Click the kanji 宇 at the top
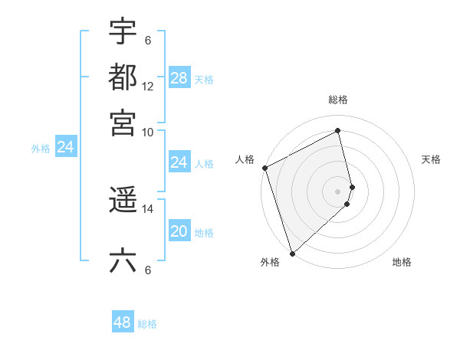(123, 31)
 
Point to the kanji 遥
(123, 200)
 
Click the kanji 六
(123, 260)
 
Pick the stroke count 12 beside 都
(148, 87)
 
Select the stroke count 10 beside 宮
(148, 132)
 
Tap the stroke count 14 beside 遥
(148, 208)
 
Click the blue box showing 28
(179, 78)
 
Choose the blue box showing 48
(123, 322)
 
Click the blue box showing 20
(179, 232)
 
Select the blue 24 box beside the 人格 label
(179, 162)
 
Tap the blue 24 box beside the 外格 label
(65, 147)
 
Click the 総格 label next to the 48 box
(147, 324)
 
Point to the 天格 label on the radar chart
(431, 159)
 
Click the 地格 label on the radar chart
(402, 263)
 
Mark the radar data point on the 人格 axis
(264, 168)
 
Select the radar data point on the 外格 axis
(291, 254)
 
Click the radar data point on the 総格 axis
(338, 131)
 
